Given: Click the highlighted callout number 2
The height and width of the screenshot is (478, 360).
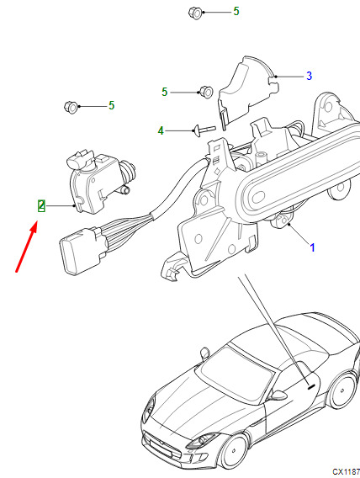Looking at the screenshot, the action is click(x=41, y=206).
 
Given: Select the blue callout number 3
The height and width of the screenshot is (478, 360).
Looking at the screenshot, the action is click(x=310, y=76).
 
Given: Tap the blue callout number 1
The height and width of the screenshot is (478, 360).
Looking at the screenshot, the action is click(x=312, y=247).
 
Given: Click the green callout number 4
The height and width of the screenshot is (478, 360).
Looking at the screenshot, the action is click(x=161, y=130).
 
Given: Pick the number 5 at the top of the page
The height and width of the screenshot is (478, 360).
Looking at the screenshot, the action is click(x=236, y=11).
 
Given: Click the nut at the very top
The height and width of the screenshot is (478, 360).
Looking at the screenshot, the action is click(x=195, y=13).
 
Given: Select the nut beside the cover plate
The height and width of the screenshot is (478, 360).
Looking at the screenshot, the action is click(x=206, y=92).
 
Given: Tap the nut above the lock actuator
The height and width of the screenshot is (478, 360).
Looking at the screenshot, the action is click(x=71, y=107).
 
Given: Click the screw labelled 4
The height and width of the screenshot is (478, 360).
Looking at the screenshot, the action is click(x=204, y=130).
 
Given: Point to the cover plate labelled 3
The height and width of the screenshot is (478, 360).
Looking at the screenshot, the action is click(x=246, y=92).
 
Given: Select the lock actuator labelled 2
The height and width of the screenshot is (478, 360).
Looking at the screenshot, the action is click(x=100, y=181).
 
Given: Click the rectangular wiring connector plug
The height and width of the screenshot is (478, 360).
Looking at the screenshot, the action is click(x=82, y=251).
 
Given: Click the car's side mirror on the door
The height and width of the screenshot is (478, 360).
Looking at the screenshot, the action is click(x=277, y=396).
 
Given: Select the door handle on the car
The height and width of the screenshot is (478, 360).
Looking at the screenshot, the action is click(x=311, y=387).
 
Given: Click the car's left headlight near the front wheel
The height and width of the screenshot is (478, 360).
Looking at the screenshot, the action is click(x=203, y=440).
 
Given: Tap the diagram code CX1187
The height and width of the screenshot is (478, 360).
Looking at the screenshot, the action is click(x=346, y=471).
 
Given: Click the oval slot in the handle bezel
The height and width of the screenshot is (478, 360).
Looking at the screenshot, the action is click(x=258, y=197).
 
